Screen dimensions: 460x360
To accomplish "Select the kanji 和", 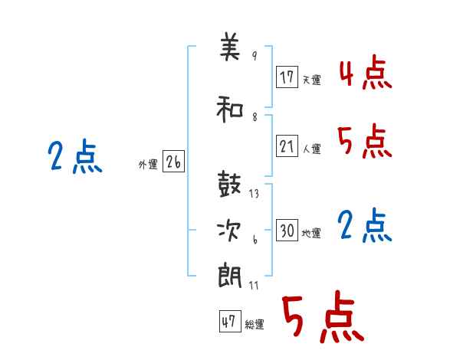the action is pos(230,110).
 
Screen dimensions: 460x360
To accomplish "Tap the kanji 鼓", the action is pos(229,184).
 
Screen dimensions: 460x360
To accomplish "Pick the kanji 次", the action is pos(229,231).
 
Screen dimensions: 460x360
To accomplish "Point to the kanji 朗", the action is pos(230,276).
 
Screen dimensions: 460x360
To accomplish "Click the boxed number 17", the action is pos(287,77).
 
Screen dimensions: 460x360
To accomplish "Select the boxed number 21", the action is pos(287,146).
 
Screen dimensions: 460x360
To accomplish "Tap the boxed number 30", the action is pos(287,230).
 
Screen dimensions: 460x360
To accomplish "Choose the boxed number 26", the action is pos(173,161).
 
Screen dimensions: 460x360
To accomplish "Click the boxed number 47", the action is pos(230,321).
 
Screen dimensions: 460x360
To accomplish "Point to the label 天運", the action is pos(312,80).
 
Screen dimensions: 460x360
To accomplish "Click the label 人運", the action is pos(312,149).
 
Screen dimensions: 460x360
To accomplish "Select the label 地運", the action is pos(311,233).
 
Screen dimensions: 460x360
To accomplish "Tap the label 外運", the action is pos(148,165).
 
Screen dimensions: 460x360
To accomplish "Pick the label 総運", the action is pos(255,325).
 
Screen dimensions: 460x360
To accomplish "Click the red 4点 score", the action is pos(366,72).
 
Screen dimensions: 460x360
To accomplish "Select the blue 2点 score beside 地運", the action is pos(365,225).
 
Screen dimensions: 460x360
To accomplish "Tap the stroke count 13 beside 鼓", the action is pos(254,194).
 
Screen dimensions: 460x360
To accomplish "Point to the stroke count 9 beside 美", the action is pos(255,55).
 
